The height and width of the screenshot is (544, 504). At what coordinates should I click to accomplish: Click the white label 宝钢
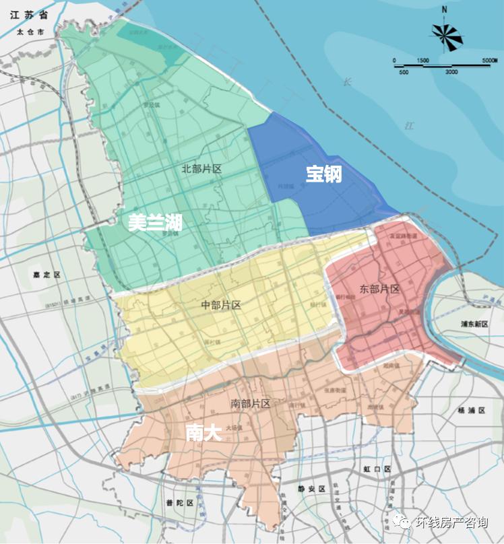tap(324, 174)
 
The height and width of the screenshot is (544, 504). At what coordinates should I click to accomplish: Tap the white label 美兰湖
tap(156, 223)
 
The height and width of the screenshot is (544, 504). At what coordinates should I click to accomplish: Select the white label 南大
tap(203, 432)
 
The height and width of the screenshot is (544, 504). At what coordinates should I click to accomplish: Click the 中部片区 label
tap(221, 305)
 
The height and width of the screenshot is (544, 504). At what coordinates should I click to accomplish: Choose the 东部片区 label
tap(379, 289)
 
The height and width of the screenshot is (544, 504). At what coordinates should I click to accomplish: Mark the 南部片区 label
tap(250, 403)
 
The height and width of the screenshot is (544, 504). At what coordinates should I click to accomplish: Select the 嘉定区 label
tap(47, 275)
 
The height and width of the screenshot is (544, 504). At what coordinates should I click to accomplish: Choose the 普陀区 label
tap(180, 503)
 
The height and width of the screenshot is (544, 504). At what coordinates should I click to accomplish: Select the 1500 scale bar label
tap(422, 61)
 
